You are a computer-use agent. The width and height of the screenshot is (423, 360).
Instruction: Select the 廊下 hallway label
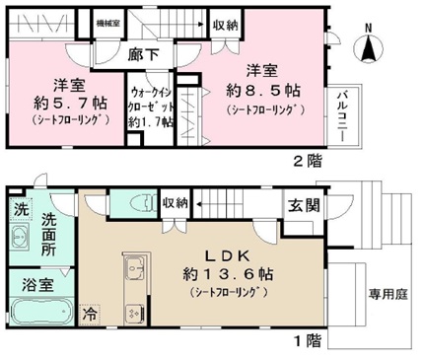(145, 55)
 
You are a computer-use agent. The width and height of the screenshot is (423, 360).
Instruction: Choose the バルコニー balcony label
(342, 111)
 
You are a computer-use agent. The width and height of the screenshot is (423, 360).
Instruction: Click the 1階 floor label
(308, 340)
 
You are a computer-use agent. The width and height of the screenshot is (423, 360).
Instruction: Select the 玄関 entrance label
(303, 206)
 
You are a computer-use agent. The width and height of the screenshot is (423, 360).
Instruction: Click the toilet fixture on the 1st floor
(137, 204)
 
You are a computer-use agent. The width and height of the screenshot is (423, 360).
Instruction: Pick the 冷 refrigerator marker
(92, 318)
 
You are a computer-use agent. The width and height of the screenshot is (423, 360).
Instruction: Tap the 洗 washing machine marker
(20, 209)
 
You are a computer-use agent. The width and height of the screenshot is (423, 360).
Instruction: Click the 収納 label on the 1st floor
(176, 202)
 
